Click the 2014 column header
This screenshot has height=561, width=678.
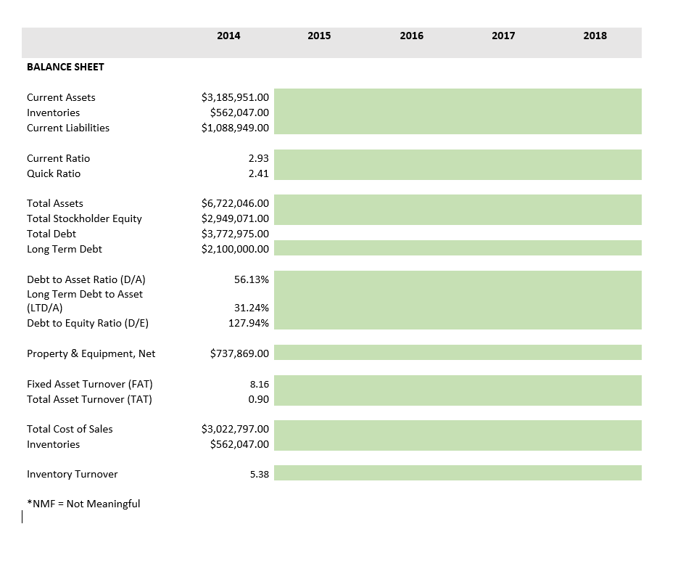tap(228, 36)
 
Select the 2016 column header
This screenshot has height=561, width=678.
tap(411, 36)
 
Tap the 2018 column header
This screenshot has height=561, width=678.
tap(595, 36)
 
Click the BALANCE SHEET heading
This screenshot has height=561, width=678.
tap(65, 67)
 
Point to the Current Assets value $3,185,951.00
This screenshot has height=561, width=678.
tap(234, 97)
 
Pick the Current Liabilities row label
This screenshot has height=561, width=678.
tap(68, 128)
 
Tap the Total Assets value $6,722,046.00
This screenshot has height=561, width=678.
tap(234, 203)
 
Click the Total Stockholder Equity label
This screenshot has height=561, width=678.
tap(84, 218)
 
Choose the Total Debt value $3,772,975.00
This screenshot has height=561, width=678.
tap(234, 234)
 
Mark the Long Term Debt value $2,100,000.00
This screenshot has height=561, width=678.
tap(234, 249)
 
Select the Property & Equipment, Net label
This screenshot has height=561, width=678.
tap(91, 353)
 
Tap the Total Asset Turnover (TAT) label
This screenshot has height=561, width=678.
tap(89, 399)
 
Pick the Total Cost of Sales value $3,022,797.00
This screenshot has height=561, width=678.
tap(234, 429)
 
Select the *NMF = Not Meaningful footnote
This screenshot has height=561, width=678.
tap(83, 504)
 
